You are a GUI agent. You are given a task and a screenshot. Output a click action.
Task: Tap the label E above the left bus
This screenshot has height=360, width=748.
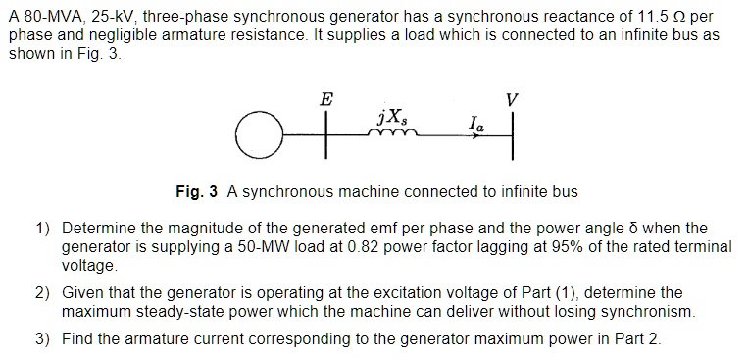(x=325, y=98)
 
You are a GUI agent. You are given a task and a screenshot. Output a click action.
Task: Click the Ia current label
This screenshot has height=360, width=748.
(x=475, y=124)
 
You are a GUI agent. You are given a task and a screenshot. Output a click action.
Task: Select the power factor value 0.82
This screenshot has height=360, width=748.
(x=360, y=245)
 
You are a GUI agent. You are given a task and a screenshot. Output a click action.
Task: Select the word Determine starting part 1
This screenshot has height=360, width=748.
(x=97, y=228)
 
